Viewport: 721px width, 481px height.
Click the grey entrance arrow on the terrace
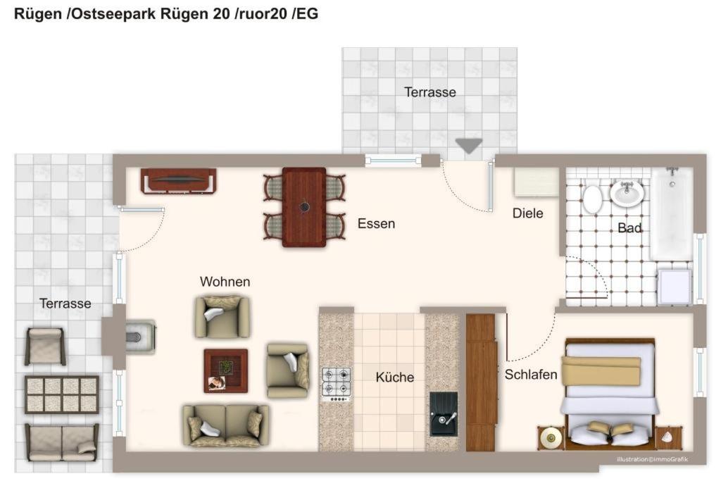(x=469, y=146)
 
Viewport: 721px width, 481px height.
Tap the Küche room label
(x=394, y=377)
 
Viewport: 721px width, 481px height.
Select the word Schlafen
(x=531, y=375)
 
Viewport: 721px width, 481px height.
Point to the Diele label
(x=528, y=213)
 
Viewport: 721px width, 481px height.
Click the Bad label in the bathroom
(x=629, y=227)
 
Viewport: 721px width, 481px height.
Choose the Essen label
(x=376, y=223)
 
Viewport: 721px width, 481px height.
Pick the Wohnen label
(x=225, y=282)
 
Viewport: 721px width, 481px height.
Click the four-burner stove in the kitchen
(x=336, y=384)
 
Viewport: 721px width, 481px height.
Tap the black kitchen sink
(x=444, y=414)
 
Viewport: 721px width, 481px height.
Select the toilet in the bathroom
(x=592, y=199)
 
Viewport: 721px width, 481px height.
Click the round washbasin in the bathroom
(x=627, y=193)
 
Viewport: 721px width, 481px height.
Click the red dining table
(x=304, y=207)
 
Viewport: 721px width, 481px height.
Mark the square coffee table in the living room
(x=226, y=370)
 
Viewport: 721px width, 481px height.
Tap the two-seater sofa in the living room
(x=225, y=426)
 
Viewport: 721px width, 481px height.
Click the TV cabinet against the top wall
(x=178, y=181)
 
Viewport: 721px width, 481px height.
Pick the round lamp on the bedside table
(x=551, y=436)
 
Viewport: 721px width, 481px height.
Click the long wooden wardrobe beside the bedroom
(x=481, y=382)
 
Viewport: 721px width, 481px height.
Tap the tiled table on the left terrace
(x=62, y=394)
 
